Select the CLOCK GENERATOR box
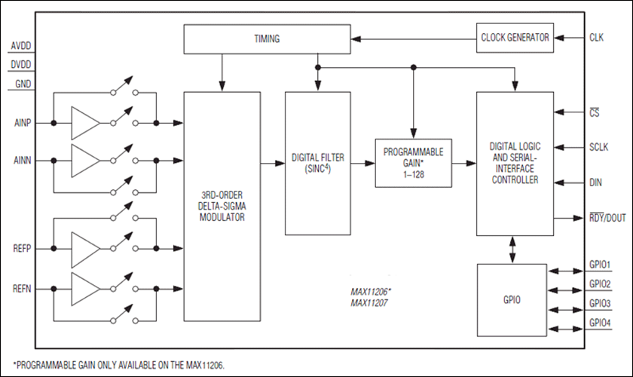[x=514, y=36]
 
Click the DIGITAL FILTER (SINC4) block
[x=317, y=163]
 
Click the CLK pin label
[x=597, y=36]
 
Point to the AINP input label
[x=22, y=123]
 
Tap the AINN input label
[x=22, y=161]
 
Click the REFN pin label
[x=22, y=287]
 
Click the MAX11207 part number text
[x=368, y=302]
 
